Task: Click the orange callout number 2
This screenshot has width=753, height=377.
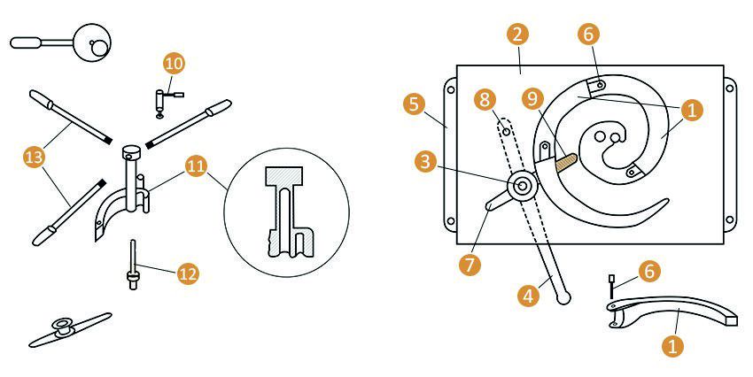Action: pyautogui.click(x=517, y=35)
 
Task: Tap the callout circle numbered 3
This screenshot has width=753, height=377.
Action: pyautogui.click(x=425, y=162)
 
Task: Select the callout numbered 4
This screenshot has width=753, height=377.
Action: pyautogui.click(x=528, y=296)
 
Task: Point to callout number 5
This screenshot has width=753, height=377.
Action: pyautogui.click(x=414, y=104)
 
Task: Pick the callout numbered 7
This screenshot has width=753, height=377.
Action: pyautogui.click(x=470, y=265)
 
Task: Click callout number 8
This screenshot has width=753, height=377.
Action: pyautogui.click(x=484, y=100)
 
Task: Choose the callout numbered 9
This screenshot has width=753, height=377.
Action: pyautogui.click(x=532, y=100)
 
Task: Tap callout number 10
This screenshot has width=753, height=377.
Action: pyautogui.click(x=174, y=64)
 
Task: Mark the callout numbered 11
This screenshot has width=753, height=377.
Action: pyautogui.click(x=196, y=166)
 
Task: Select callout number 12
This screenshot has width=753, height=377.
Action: pyautogui.click(x=187, y=273)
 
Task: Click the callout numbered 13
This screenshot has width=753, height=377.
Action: pyautogui.click(x=34, y=157)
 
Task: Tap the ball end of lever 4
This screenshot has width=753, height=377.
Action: pyautogui.click(x=563, y=298)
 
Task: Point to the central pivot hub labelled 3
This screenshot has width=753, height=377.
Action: pyautogui.click(x=521, y=185)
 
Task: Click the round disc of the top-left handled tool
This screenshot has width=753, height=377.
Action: pyautogui.click(x=94, y=42)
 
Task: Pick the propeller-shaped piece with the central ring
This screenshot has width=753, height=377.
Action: pyautogui.click(x=70, y=329)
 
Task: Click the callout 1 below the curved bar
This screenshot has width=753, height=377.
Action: pyautogui.click(x=672, y=345)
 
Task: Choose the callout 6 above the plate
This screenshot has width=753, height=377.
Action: pyautogui.click(x=589, y=35)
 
